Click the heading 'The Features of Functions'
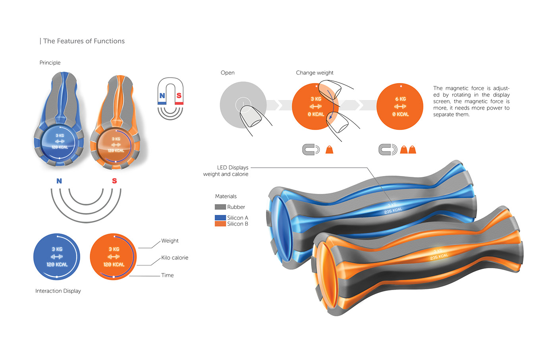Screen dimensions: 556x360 (83, 41)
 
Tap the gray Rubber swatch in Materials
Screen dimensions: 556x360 (220, 207)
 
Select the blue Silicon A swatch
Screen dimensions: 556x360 (220, 218)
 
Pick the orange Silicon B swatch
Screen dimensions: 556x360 (220, 224)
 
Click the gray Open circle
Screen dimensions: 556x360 (243, 105)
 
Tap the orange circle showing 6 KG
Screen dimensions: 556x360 (400, 106)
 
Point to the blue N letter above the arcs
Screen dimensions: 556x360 (59, 181)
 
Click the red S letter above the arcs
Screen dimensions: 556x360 (114, 181)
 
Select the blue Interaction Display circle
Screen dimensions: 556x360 (57, 257)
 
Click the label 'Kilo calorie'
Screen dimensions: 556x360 (175, 257)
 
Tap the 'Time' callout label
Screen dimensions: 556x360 (167, 275)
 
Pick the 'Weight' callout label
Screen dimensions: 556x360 (170, 241)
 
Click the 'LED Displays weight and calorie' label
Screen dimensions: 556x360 (226, 171)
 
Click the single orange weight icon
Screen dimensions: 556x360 (329, 150)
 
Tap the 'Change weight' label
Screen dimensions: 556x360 (315, 73)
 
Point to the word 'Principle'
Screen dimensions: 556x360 (50, 63)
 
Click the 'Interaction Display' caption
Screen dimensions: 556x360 (58, 291)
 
